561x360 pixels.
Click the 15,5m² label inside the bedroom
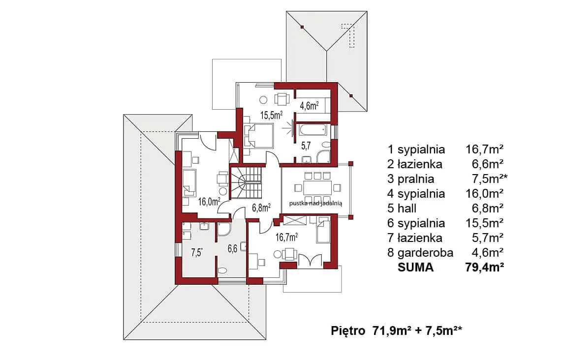tap(271, 115)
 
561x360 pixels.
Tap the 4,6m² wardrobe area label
tap(310, 105)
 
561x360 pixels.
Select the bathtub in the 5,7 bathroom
tap(312, 130)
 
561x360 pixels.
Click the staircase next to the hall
tap(246, 182)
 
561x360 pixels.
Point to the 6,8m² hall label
tap(261, 208)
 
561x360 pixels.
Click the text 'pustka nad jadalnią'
tap(316, 203)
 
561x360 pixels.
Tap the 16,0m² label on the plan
tap(209, 202)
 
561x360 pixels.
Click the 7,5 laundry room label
tap(197, 253)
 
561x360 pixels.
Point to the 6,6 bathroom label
tap(233, 248)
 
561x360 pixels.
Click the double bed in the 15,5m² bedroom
tap(258, 135)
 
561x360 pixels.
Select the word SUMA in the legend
tap(415, 267)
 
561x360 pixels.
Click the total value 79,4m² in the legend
tap(485, 267)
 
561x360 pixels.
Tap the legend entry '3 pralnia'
tap(411, 179)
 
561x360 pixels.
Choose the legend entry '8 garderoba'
tap(420, 252)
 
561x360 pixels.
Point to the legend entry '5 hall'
tap(402, 208)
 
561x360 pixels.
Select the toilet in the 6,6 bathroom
tap(222, 270)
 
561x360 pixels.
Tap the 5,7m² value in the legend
tap(488, 238)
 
